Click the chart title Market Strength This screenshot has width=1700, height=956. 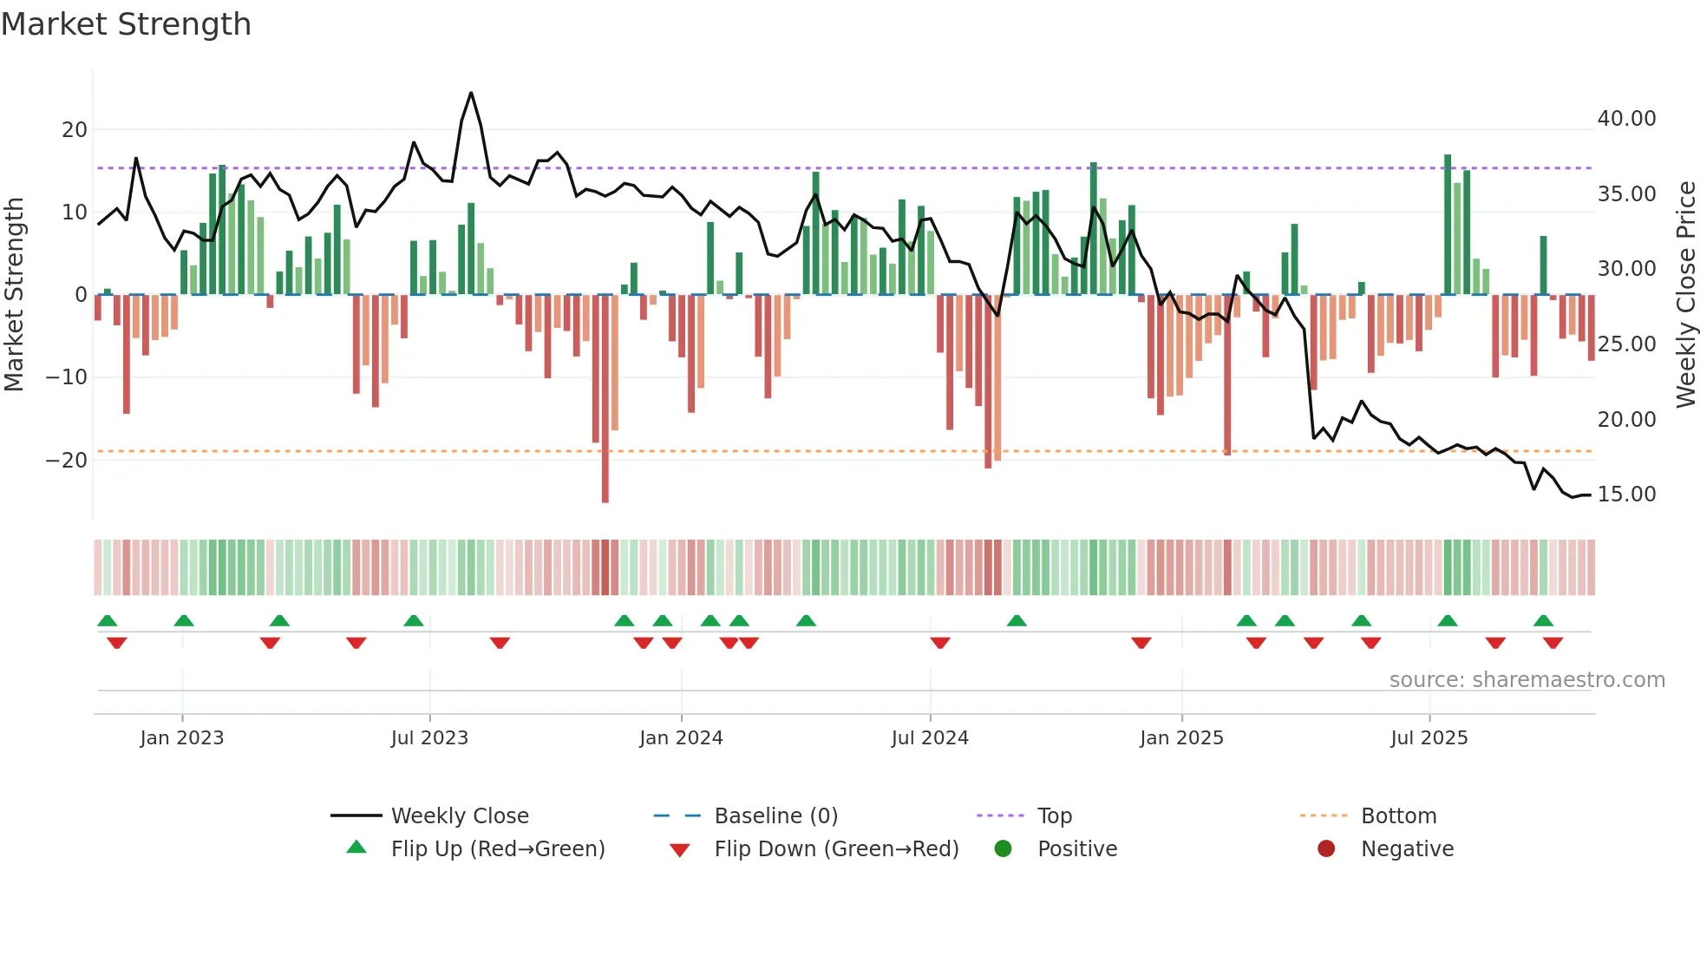pyautogui.click(x=126, y=24)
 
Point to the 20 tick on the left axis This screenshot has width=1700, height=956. pyautogui.click(x=75, y=130)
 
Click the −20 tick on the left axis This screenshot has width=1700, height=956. pyautogui.click(x=68, y=461)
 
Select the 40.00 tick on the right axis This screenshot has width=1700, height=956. pyautogui.click(x=1626, y=119)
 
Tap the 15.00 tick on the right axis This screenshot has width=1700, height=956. pyautogui.click(x=1626, y=494)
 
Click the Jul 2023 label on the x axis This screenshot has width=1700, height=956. pyautogui.click(x=429, y=738)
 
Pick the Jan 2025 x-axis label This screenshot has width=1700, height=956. pyautogui.click(x=1181, y=738)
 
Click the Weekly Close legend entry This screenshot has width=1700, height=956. pyautogui.click(x=460, y=816)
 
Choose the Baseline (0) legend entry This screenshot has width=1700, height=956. pyautogui.click(x=775, y=816)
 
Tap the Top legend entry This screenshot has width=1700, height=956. pyautogui.click(x=1055, y=816)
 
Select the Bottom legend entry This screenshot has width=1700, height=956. pyautogui.click(x=1398, y=816)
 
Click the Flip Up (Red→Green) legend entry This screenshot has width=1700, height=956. pyautogui.click(x=497, y=849)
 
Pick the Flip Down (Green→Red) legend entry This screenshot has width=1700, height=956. pyautogui.click(x=836, y=849)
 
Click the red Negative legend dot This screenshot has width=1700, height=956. pyautogui.click(x=1326, y=849)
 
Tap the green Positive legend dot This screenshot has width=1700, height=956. pyautogui.click(x=1004, y=849)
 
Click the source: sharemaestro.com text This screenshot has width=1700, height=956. pyautogui.click(x=1527, y=680)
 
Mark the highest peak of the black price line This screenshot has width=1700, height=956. pyautogui.click(x=471, y=93)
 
